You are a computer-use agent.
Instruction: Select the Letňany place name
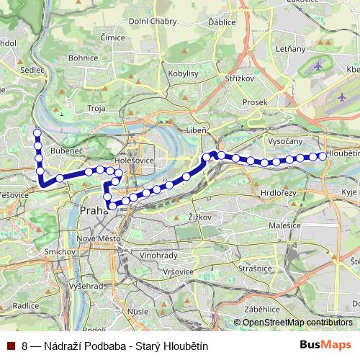tap(270, 49)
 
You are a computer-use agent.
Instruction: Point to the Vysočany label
tap(283, 142)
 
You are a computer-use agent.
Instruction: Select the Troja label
tap(96, 107)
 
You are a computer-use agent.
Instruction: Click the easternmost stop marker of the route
tap(322, 156)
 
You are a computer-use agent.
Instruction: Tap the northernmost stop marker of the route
tap(37, 132)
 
